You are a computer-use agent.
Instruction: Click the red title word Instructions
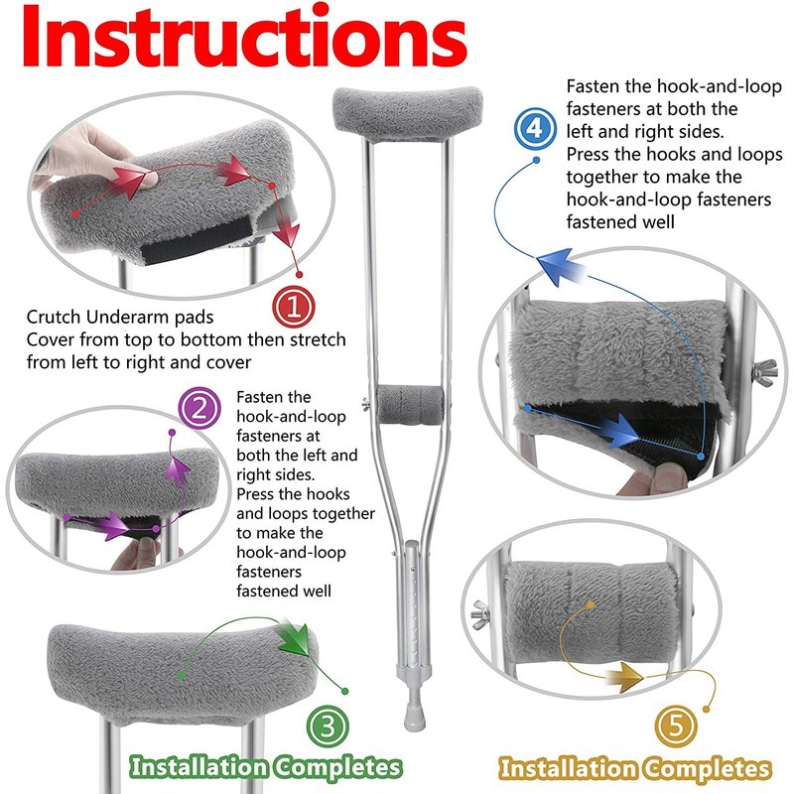244,37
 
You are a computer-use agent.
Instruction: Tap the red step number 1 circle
294,307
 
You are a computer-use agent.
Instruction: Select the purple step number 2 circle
199,408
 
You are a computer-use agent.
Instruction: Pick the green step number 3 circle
328,727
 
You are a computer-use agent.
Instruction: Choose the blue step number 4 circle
535,128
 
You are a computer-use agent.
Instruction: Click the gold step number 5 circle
676,727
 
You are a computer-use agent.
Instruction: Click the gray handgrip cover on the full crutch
410,405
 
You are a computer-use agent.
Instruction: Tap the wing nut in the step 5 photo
481,614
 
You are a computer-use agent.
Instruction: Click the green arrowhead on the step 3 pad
296,638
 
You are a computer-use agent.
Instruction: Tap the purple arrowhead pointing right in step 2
114,526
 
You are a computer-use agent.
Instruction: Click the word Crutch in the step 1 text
54,317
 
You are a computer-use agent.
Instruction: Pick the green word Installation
198,766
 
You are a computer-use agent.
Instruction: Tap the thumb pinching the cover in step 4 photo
668,476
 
